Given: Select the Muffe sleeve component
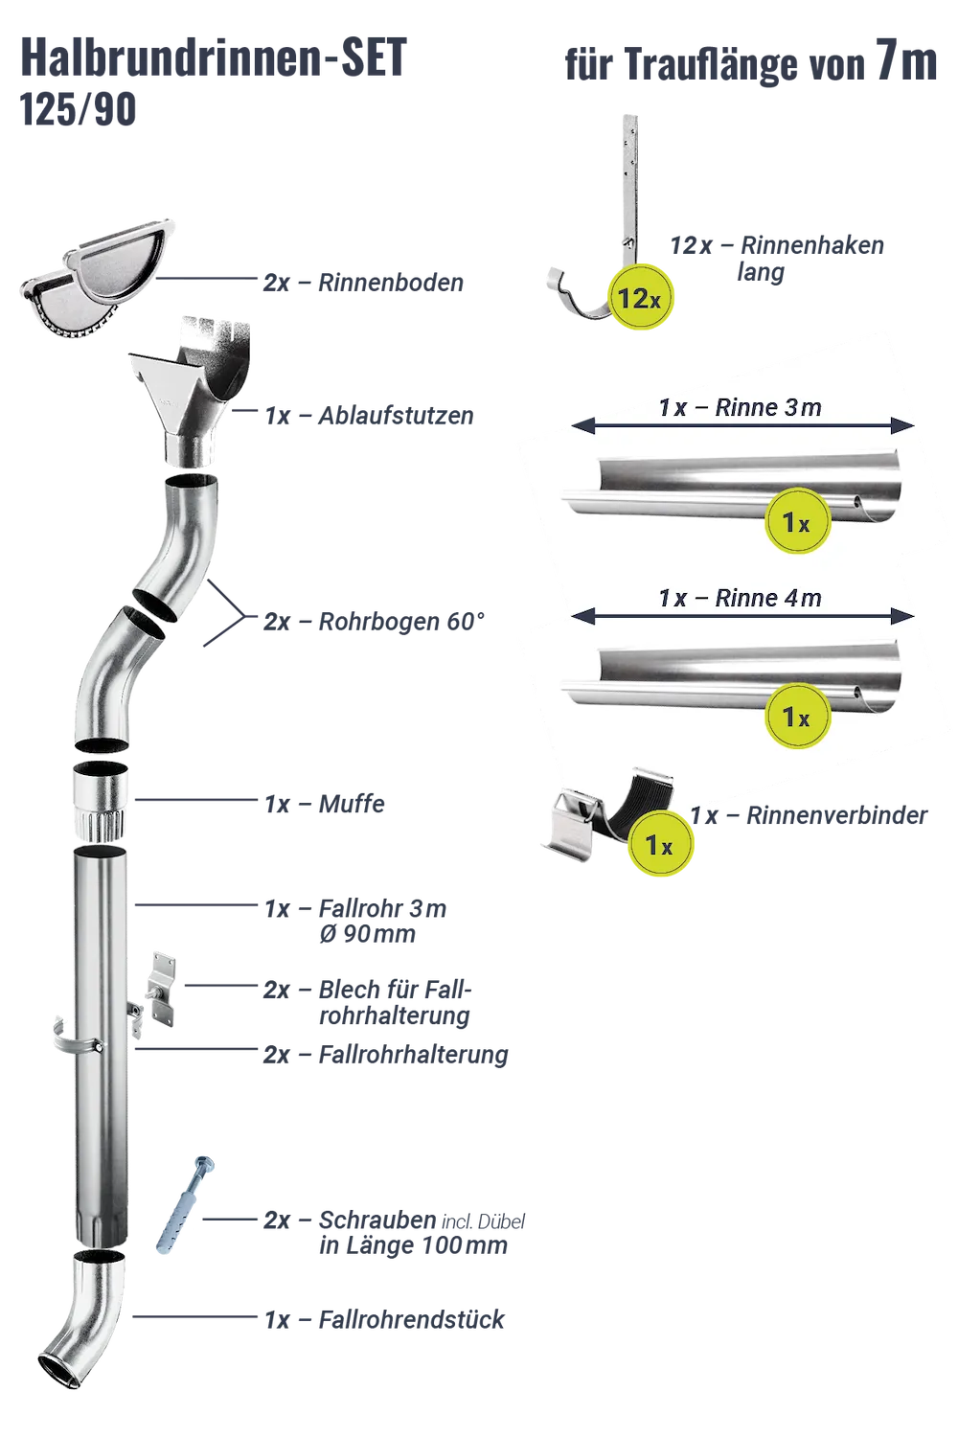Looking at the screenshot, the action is click(100, 800).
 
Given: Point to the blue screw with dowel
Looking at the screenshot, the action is click(185, 1206).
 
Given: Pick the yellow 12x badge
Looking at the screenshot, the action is click(640, 298).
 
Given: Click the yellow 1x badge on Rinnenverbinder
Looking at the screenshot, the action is click(660, 844).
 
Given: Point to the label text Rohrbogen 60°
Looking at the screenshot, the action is click(401, 621).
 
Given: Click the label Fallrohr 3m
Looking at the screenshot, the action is click(382, 908).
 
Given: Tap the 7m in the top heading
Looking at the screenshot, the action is click(906, 60).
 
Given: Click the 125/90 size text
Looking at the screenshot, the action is click(79, 109).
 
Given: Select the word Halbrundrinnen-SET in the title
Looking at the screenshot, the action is click(214, 57).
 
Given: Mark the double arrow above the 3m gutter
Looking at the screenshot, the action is click(742, 425).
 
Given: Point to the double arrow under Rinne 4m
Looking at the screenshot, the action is click(742, 617).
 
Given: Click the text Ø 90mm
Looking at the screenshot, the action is click(368, 933).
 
